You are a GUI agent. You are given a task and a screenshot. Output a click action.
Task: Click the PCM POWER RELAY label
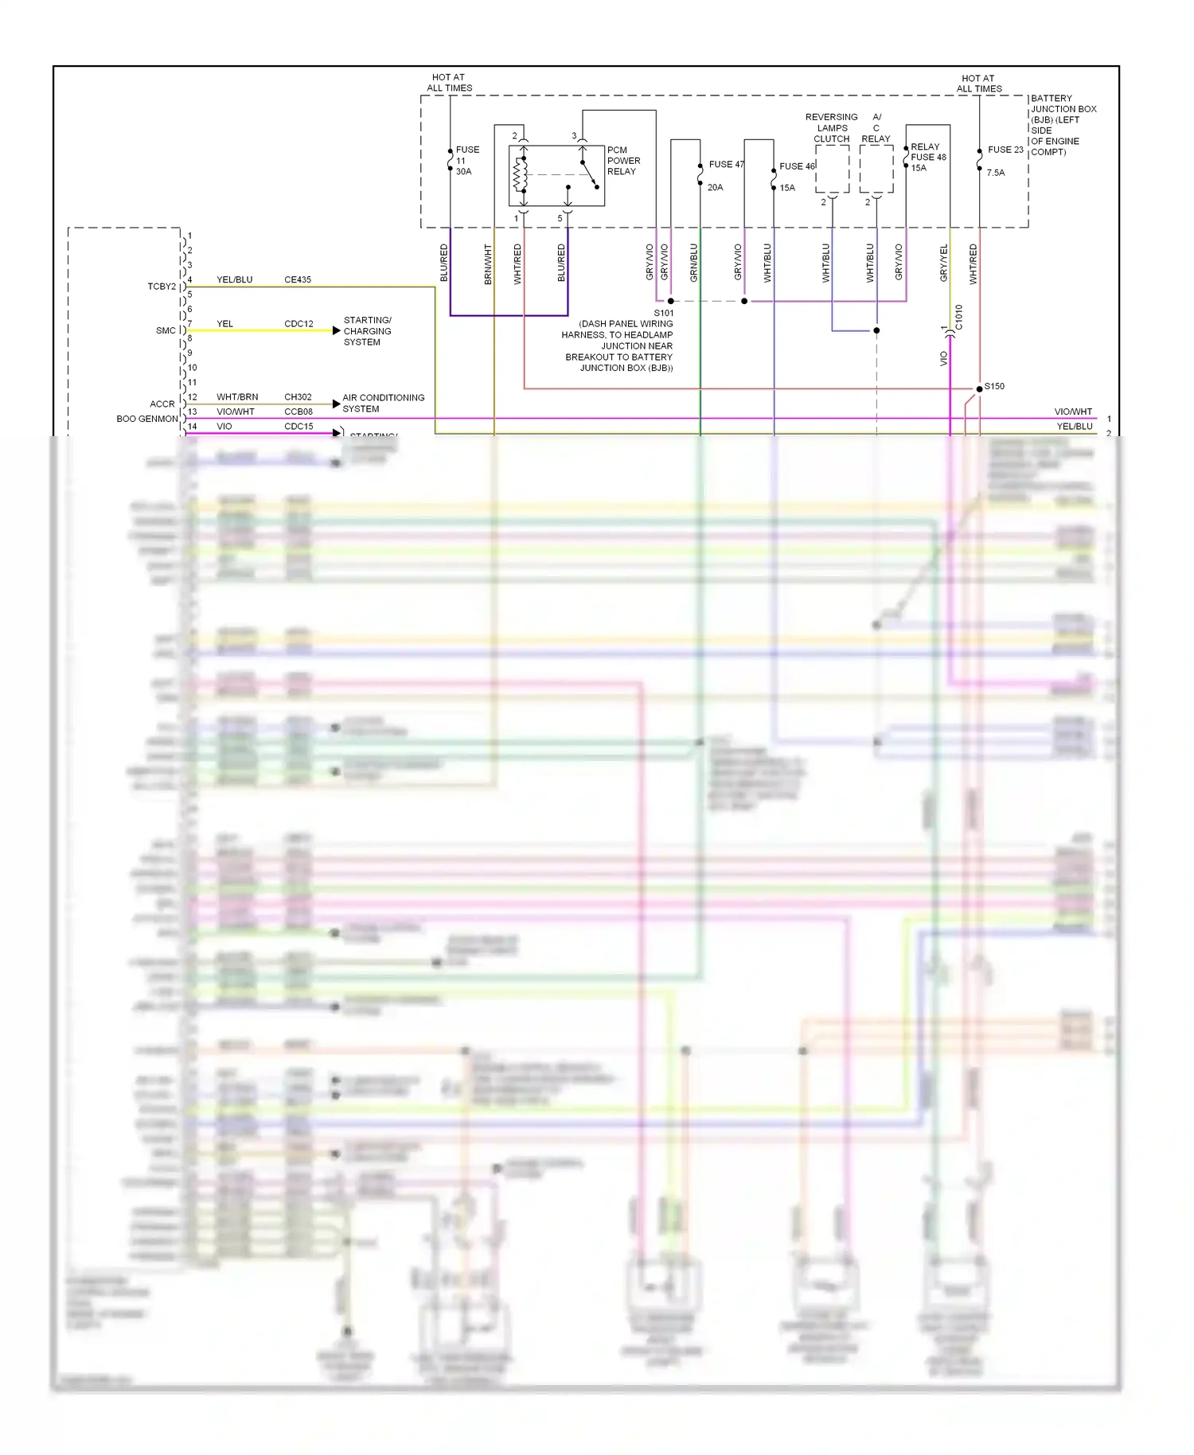pyautogui.click(x=623, y=161)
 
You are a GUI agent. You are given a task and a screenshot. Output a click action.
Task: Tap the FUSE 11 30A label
pyautogui.click(x=467, y=161)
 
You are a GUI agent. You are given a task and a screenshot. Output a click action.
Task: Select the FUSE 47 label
pyautogui.click(x=726, y=165)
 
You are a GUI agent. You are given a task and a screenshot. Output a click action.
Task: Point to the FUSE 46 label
pyautogui.click(x=797, y=166)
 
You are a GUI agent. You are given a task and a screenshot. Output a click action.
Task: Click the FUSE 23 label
pyautogui.click(x=1005, y=150)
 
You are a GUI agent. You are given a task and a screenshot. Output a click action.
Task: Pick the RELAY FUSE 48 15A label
pyautogui.click(x=927, y=158)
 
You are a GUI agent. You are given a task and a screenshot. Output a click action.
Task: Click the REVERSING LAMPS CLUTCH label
pyautogui.click(x=832, y=128)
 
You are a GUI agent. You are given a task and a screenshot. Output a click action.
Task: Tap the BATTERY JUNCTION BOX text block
pyautogui.click(x=1063, y=125)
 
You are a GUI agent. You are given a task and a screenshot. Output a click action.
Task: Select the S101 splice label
pyautogui.click(x=663, y=314)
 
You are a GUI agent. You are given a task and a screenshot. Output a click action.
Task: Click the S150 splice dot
pyautogui.click(x=979, y=389)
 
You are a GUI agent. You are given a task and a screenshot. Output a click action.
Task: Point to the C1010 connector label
pyautogui.click(x=959, y=317)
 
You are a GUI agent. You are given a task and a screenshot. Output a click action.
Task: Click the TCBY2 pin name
pyautogui.click(x=162, y=287)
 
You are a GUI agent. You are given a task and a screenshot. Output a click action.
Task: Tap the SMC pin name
pyautogui.click(x=166, y=330)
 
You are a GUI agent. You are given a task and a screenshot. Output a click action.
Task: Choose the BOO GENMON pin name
pyautogui.click(x=147, y=419)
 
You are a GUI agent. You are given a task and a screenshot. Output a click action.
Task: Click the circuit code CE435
pyautogui.click(x=298, y=280)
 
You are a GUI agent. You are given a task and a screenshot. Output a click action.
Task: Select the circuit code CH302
pyautogui.click(x=298, y=397)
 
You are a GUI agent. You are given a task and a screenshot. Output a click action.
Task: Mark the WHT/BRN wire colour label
pyautogui.click(x=237, y=397)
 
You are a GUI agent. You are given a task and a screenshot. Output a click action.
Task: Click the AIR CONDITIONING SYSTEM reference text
pyautogui.click(x=383, y=404)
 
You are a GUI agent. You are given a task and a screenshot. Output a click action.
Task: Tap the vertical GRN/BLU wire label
pyautogui.click(x=693, y=263)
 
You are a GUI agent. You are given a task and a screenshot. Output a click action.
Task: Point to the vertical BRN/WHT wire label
pyautogui.click(x=488, y=264)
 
